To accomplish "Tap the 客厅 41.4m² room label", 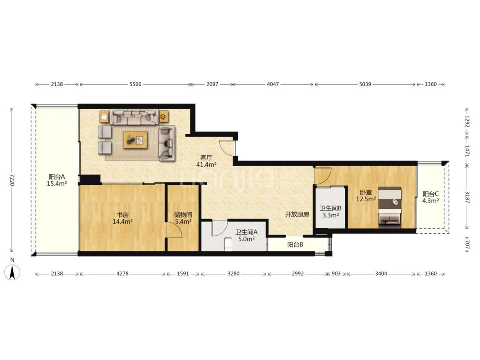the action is point(206,161).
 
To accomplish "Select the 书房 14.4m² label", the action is point(122,218).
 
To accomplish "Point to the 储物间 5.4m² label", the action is point(183,218).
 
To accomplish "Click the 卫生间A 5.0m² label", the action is point(246,235).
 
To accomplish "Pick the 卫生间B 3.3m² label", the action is point(330,212).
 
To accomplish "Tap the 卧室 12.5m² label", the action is point(366,196).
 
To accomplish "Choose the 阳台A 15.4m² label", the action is point(57,180).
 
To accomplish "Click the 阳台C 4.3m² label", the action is point(430,197).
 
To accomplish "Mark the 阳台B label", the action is point(295,244).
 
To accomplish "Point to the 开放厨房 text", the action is point(297,214).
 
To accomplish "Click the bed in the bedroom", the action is point(390,207).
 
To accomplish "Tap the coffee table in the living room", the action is point(135,140).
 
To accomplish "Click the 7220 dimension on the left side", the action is point(12,180).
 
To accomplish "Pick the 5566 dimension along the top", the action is point(135,84).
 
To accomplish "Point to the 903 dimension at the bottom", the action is point(336,274).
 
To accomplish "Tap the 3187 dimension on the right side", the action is point(467,197).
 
